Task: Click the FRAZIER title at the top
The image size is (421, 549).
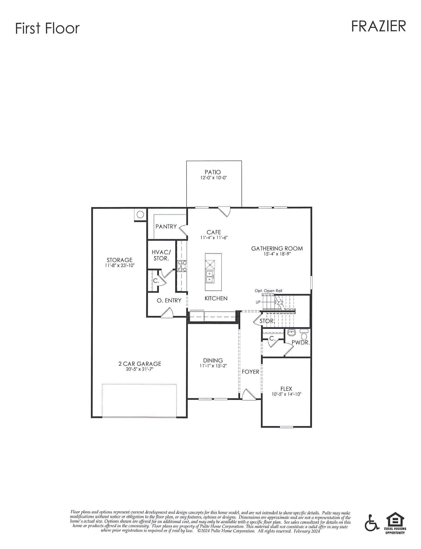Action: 378,26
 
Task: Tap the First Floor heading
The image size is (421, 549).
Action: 48,28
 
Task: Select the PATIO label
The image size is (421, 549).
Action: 213,172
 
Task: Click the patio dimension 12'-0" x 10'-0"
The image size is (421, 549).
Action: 214,178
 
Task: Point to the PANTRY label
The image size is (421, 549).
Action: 166,226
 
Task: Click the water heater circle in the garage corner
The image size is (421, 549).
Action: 140,214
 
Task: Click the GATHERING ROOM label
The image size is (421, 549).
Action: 277,248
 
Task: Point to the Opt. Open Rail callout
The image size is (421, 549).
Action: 268,291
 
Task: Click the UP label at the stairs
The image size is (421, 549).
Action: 258,302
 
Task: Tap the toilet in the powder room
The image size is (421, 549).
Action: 304,335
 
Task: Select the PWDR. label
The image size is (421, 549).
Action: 301,343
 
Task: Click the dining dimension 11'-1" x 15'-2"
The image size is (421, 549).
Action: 213,366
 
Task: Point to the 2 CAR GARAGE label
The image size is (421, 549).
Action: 140,364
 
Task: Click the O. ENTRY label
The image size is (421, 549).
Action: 169,301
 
